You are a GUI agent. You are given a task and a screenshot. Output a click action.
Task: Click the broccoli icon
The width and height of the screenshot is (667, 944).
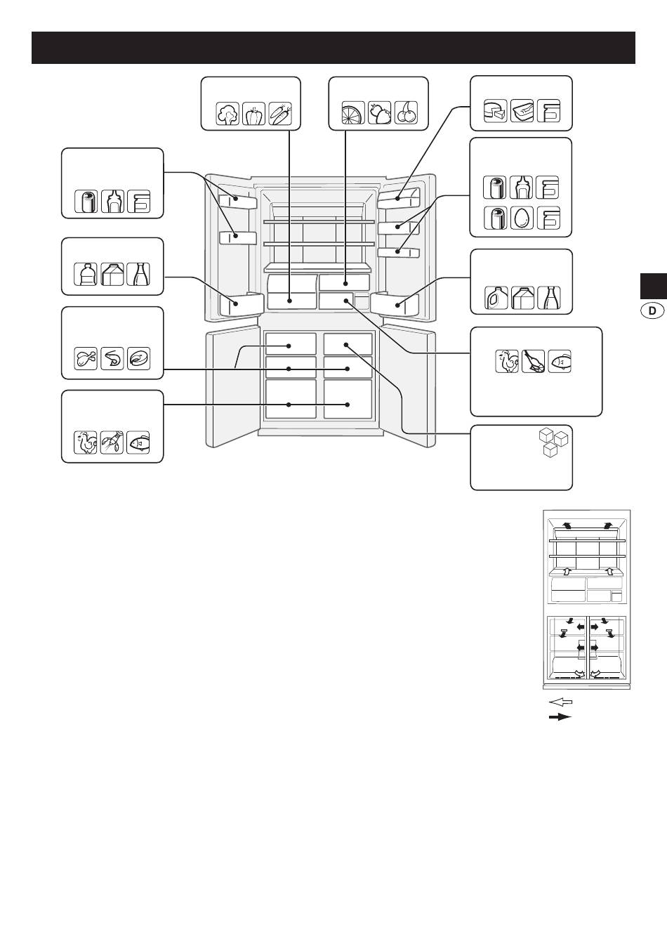[227, 113]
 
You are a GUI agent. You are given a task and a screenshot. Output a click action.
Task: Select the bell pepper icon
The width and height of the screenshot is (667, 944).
[254, 113]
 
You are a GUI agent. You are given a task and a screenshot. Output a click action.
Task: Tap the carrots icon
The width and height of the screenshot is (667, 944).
[280, 113]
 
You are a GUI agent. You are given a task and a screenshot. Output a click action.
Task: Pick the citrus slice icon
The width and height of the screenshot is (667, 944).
[353, 112]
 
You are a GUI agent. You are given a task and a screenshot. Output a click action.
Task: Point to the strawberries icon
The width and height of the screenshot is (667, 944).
[380, 112]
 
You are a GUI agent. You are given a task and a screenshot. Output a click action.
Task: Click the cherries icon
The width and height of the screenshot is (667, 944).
[407, 112]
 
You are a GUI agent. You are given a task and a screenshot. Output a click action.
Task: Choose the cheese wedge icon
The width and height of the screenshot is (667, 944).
[496, 111]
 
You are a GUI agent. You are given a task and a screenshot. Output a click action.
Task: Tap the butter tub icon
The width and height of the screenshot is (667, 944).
[522, 111]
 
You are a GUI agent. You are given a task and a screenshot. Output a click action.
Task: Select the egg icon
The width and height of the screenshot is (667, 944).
[522, 218]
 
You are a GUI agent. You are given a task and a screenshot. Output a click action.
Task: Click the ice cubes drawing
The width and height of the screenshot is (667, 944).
[554, 443]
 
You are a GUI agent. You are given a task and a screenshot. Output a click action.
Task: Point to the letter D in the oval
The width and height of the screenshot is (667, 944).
[652, 311]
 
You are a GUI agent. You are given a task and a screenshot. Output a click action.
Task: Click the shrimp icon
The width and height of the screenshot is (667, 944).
[112, 359]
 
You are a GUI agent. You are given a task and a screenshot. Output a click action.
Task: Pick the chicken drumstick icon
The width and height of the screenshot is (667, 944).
[86, 359]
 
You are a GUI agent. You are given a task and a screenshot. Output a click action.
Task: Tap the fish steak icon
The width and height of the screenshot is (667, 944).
[138, 359]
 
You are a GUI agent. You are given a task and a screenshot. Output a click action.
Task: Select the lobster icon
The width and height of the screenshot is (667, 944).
[112, 442]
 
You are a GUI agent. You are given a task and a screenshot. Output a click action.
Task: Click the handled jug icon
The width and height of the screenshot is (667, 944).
[496, 298]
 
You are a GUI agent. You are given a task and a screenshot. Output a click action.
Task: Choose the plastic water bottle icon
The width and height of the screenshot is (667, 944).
[86, 275]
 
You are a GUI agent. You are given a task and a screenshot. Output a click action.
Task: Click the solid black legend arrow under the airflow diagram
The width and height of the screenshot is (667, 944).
[560, 717]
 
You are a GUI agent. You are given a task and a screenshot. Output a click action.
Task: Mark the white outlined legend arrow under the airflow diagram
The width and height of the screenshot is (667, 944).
[560, 702]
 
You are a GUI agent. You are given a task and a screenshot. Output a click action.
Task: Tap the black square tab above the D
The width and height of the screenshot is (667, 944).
[654, 286]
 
